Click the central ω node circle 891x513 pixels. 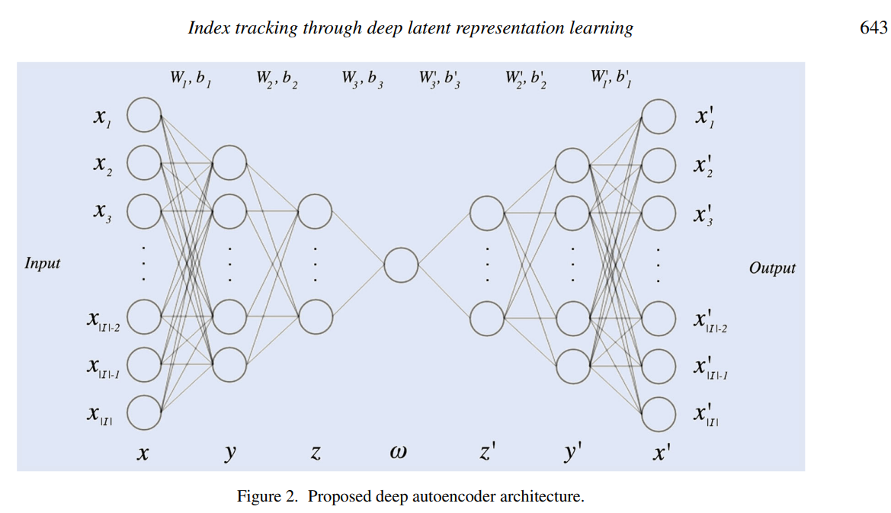point(401,267)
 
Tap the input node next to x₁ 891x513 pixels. point(144,114)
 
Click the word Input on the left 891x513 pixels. point(43,264)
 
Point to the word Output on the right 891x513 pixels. point(772,268)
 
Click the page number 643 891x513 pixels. point(873,28)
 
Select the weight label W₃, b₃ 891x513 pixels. point(362,79)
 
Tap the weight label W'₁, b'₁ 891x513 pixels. point(611,79)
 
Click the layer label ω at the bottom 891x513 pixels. point(398,452)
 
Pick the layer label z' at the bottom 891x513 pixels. point(488,453)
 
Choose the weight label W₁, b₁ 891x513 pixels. point(191,79)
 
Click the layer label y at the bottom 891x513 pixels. point(230,453)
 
